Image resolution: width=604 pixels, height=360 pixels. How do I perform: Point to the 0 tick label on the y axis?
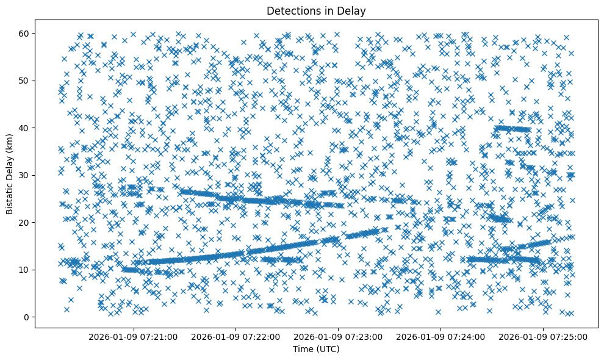tap(26, 317)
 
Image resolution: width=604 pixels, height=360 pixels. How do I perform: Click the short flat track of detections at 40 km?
tap(511, 129)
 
